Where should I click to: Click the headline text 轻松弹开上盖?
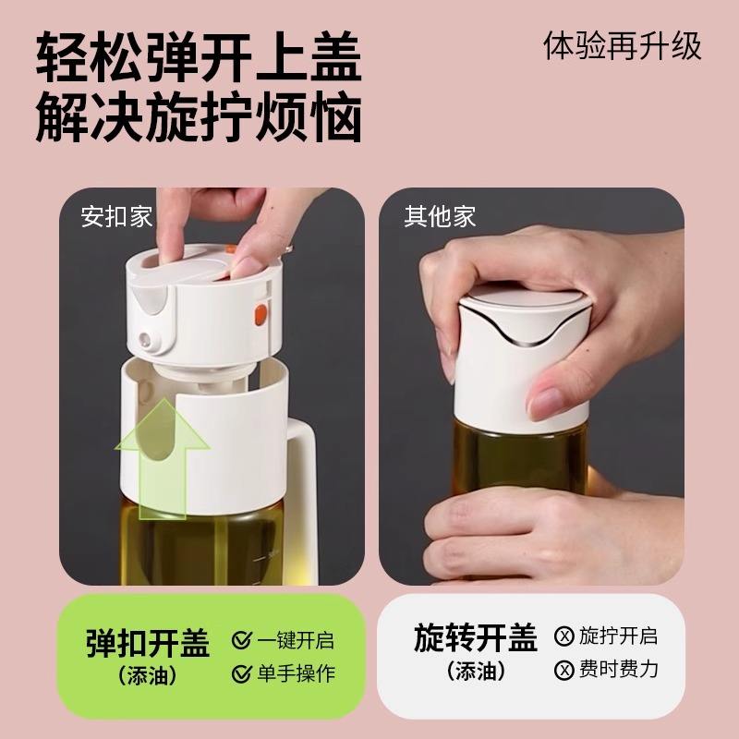199,56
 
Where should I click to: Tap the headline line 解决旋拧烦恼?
199,117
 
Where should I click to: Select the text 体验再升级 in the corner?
622,46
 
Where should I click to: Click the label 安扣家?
116,217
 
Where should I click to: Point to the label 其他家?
440,217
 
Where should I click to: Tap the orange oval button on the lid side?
260,315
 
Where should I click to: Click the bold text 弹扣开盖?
148,643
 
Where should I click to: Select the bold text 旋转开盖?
476,637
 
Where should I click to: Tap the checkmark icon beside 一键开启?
242,640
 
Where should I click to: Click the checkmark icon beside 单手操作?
242,673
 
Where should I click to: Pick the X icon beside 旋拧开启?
564,636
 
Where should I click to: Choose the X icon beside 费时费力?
564,670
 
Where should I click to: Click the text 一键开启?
296,640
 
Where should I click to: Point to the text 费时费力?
618,669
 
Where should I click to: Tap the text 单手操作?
296,673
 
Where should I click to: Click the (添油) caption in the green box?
148,676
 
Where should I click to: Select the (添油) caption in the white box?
476,671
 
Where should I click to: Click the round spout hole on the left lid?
145,339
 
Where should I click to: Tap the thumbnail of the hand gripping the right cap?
532,386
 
